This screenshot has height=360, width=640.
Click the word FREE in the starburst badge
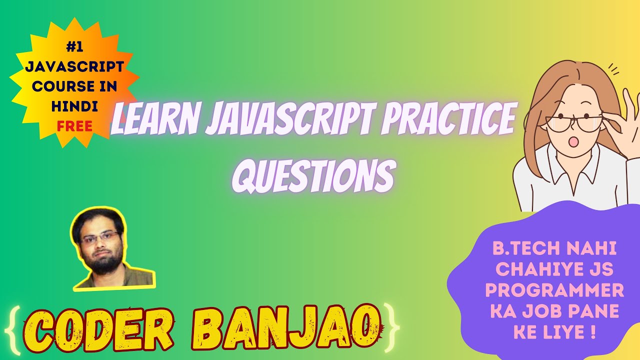[x=74, y=126]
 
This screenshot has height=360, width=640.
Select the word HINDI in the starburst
[x=74, y=106]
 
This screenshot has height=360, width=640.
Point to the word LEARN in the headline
[x=152, y=121]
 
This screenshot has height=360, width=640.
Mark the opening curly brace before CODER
[x=15, y=327]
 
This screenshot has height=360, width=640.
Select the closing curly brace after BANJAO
[x=392, y=327]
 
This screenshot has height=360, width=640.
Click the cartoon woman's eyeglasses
[x=570, y=122]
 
